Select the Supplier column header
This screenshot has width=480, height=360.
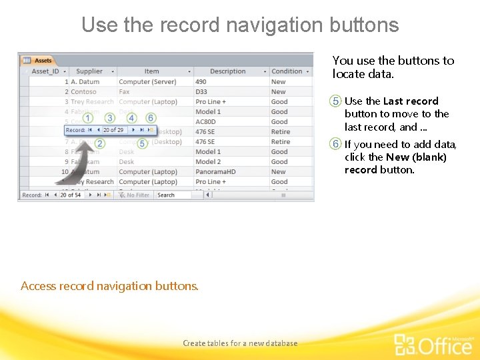pos(89,71)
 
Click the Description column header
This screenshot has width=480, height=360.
pos(227,71)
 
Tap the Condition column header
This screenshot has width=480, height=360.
pos(287,71)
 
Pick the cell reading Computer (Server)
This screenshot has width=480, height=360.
pos(147,82)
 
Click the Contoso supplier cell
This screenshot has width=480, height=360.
pos(83,92)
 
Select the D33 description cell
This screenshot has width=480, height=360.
pos(201,92)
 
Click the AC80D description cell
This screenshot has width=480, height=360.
pos(206,122)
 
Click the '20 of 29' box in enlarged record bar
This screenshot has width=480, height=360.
pos(113,130)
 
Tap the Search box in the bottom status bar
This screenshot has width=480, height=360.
pos(173,195)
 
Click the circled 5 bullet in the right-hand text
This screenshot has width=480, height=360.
pos(336,101)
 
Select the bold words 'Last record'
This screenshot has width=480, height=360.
pos(411,101)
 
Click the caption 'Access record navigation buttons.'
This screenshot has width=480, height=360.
pos(109,286)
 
